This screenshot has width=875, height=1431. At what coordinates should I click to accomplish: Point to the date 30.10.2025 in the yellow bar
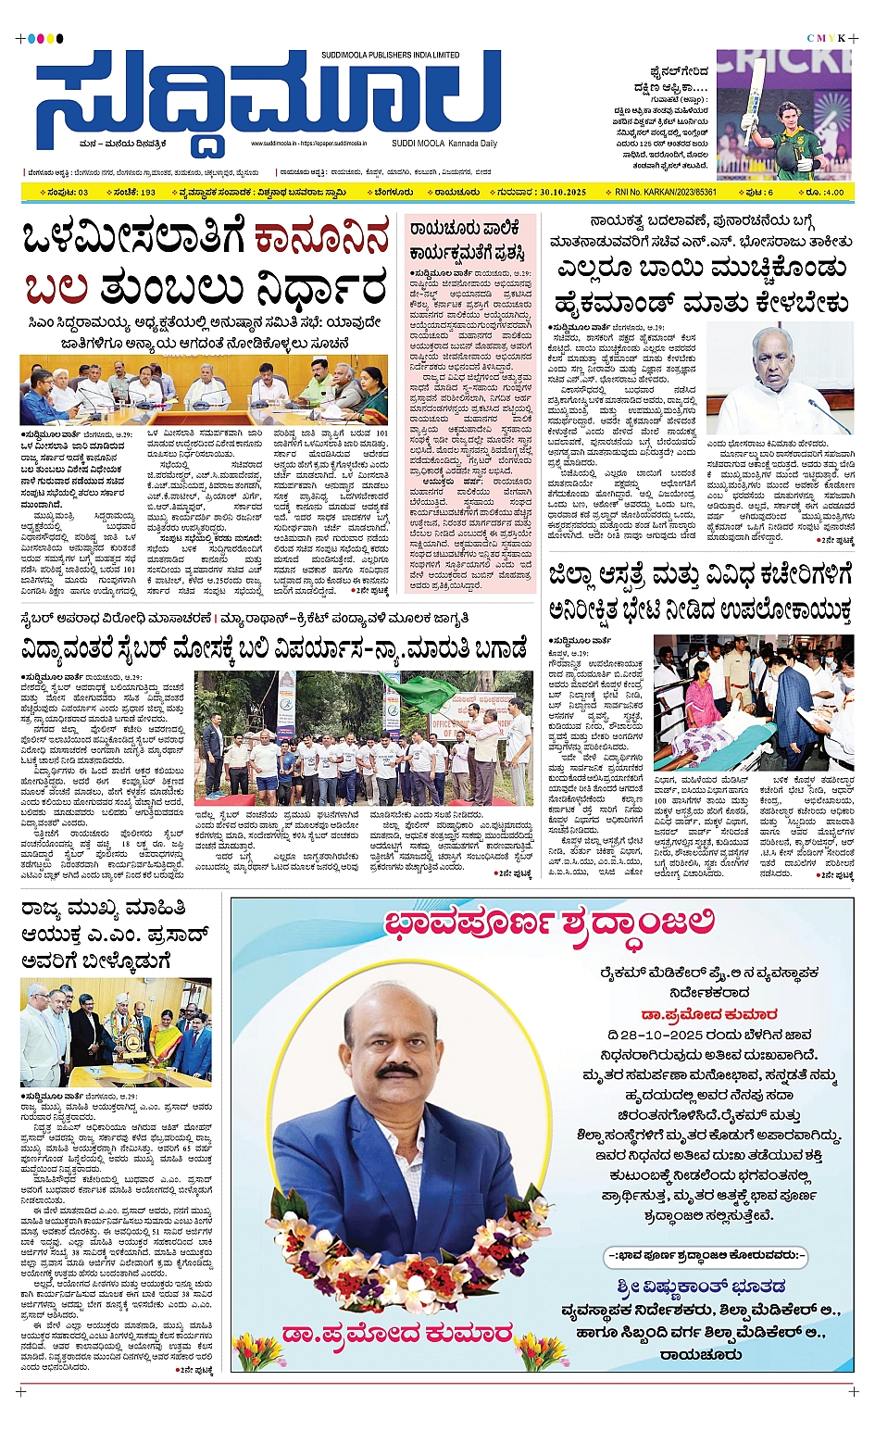[554, 193]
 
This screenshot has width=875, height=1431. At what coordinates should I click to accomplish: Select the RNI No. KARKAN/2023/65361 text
[666, 193]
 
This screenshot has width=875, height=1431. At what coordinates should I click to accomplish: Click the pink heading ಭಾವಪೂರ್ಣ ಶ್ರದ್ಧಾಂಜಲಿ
[550, 923]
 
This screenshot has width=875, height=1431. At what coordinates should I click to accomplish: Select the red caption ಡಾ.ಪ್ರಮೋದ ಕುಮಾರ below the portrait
[396, 1334]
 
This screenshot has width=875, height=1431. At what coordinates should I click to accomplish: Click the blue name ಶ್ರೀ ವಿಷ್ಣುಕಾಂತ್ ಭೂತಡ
[701, 1287]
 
